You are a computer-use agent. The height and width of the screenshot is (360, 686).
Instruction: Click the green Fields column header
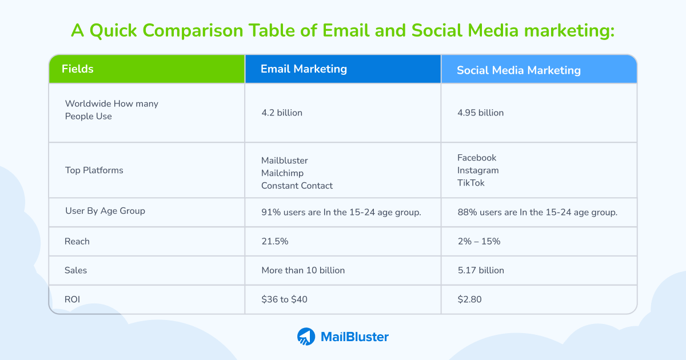coord(146,69)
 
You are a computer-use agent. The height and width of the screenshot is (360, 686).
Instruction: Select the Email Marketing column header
coord(304,69)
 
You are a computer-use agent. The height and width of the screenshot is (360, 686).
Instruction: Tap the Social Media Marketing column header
coord(519,70)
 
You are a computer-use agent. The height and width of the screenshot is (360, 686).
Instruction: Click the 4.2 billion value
coord(282,113)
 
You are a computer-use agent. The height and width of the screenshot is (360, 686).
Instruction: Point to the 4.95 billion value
coord(480,113)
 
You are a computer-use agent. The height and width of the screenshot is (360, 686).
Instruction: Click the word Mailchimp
coord(282,173)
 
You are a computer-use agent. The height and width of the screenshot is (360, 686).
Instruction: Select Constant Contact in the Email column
coord(297,185)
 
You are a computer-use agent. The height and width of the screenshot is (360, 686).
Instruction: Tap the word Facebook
coord(477,158)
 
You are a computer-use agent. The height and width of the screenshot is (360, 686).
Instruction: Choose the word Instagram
coord(478,170)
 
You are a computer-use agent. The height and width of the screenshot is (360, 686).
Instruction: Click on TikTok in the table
coord(471,183)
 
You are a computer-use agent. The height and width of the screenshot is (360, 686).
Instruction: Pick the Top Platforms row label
coord(94,170)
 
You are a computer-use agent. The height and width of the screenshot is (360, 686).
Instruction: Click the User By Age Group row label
coord(105,211)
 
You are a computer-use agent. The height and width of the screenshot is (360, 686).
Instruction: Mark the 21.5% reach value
coord(275,241)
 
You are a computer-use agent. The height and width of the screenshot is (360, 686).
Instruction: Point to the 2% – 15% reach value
coord(478,241)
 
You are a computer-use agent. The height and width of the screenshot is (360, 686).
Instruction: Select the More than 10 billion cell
coord(303,270)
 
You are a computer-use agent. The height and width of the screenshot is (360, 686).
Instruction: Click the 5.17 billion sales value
coord(481,270)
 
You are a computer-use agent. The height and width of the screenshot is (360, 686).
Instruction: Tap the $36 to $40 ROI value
coord(284,299)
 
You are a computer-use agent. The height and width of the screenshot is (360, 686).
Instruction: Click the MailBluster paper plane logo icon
coord(306,337)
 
